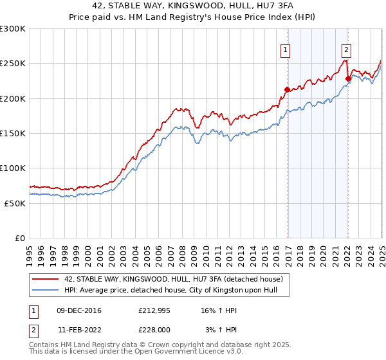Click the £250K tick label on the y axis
click(12, 64)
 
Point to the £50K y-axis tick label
click(15, 203)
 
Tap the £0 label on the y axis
click(20, 238)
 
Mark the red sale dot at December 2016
click(287, 89)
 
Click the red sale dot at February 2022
click(348, 79)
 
